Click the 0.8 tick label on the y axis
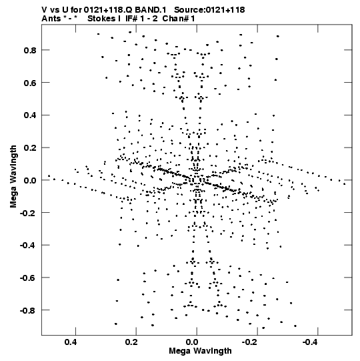[30, 50]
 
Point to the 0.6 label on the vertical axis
[30, 83]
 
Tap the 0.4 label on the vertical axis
[30, 115]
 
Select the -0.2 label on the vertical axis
[28, 213]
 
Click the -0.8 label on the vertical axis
[28, 310]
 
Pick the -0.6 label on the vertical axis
[28, 278]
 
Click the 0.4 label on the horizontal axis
[71, 342]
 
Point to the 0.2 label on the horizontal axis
[131, 342]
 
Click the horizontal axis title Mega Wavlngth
[200, 351]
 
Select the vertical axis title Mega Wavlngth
[13, 176]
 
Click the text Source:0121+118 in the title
[209, 10]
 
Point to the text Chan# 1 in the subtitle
[179, 19]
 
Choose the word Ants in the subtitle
[51, 19]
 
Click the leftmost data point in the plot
[49, 176]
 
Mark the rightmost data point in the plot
[345, 184]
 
